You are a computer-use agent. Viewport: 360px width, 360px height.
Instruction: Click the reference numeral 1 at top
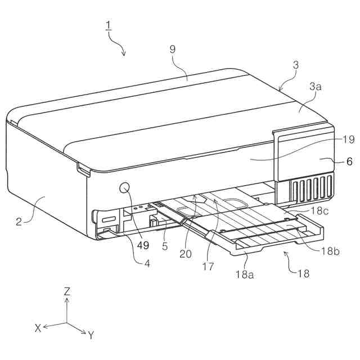[x=108, y=25]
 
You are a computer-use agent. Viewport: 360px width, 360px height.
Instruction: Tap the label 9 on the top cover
[x=173, y=49]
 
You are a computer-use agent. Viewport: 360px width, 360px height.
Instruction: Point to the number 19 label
[x=348, y=139]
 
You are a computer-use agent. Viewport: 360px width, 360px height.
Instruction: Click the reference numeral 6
[x=349, y=161]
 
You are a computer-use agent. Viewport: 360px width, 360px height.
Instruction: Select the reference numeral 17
[x=208, y=267]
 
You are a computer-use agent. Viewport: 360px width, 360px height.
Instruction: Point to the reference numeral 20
[x=186, y=254]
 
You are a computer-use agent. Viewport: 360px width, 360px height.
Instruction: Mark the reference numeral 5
[x=165, y=246]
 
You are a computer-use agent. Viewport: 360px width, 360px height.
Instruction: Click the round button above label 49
[x=125, y=187]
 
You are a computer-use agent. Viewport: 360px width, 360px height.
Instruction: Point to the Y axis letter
[x=91, y=335]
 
